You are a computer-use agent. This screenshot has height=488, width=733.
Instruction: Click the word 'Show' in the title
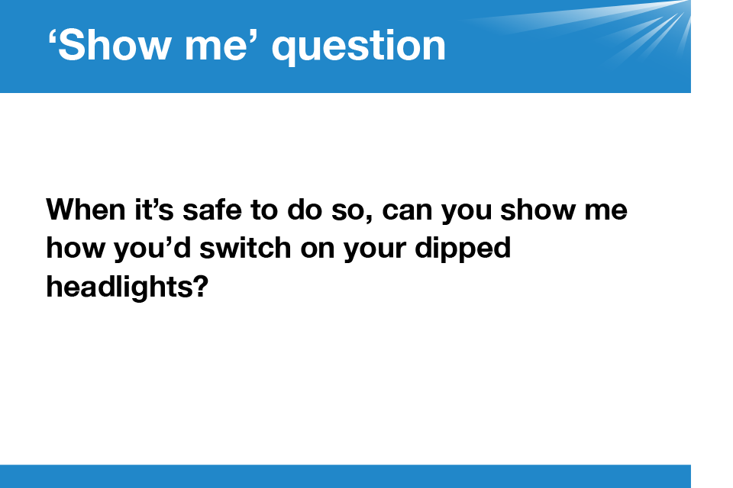coord(114,45)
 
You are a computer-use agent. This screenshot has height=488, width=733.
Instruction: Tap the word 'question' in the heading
coord(359,47)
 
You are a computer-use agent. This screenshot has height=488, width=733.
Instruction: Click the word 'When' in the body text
coord(86,209)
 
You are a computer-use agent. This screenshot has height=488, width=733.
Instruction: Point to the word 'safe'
coord(212,209)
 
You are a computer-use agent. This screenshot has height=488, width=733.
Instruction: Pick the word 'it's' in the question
coord(154,209)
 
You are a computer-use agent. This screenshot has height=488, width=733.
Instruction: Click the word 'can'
coord(407,210)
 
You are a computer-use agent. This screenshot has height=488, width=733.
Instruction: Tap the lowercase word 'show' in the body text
coord(538,209)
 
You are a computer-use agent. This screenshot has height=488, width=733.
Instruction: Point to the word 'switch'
coord(245,248)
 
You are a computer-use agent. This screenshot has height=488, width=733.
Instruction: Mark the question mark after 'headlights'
coord(199,286)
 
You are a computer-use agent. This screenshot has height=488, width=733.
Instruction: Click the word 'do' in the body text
coord(305,209)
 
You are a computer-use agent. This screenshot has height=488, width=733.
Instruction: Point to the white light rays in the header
coord(608,24)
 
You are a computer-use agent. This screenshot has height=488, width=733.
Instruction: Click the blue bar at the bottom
coord(345,477)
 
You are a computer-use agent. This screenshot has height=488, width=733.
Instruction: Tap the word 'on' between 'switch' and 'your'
coord(318,250)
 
